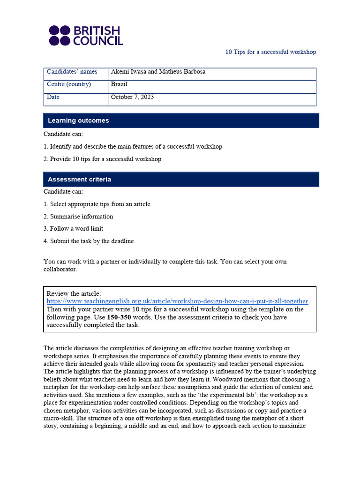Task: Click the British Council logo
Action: click(86, 36)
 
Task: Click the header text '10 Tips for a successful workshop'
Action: click(270, 52)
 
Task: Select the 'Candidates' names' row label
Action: click(72, 72)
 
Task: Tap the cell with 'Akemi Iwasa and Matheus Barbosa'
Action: click(158, 72)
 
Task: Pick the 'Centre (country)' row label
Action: click(69, 84)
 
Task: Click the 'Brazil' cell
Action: click(120, 84)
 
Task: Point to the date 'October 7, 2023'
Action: click(132, 97)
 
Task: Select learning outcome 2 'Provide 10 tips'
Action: click(102, 159)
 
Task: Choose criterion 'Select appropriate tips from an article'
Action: click(97, 204)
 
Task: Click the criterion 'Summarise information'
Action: click(78, 217)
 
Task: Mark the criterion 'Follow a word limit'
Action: click(74, 229)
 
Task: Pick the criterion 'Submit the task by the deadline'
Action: click(89, 241)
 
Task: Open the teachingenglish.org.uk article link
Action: click(177, 301)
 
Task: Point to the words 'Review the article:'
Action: click(74, 293)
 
